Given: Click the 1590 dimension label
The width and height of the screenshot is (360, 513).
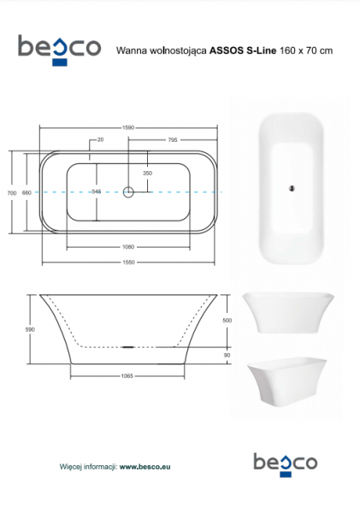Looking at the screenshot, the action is click(x=128, y=127).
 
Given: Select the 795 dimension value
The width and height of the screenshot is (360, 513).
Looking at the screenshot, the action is click(x=173, y=140).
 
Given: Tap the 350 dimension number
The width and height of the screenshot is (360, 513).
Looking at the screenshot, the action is click(x=148, y=173).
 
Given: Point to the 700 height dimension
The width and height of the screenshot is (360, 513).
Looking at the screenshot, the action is click(x=12, y=193).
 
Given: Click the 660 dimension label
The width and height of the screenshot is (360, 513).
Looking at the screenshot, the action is click(x=27, y=193).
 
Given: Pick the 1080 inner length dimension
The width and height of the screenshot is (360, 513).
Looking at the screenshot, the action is click(x=128, y=247).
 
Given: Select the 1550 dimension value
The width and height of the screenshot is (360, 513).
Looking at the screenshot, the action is click(x=128, y=262).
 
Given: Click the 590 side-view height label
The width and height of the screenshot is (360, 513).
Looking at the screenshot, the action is click(x=30, y=330).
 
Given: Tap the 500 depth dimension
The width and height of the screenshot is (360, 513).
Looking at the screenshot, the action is click(x=227, y=321).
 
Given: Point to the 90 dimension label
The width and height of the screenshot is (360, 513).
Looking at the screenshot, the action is click(x=227, y=356).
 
